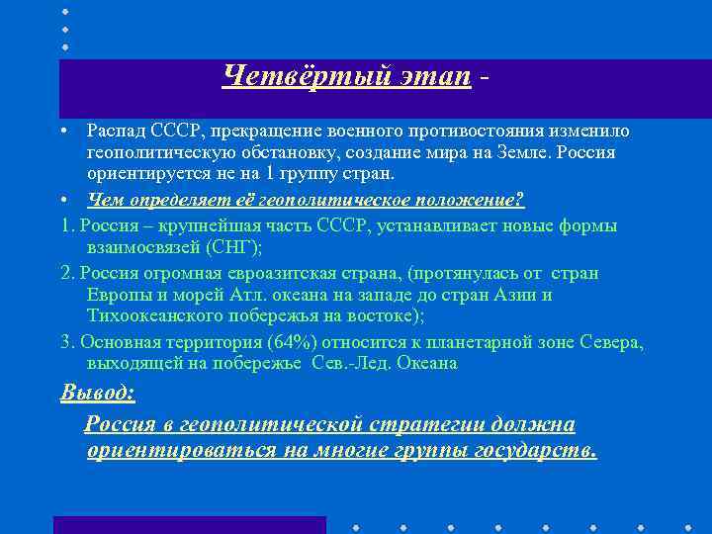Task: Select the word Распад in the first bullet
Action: [x=117, y=132]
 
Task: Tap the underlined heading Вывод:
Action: [x=98, y=393]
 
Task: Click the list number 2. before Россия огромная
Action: [x=68, y=273]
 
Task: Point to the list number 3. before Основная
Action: [x=68, y=342]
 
